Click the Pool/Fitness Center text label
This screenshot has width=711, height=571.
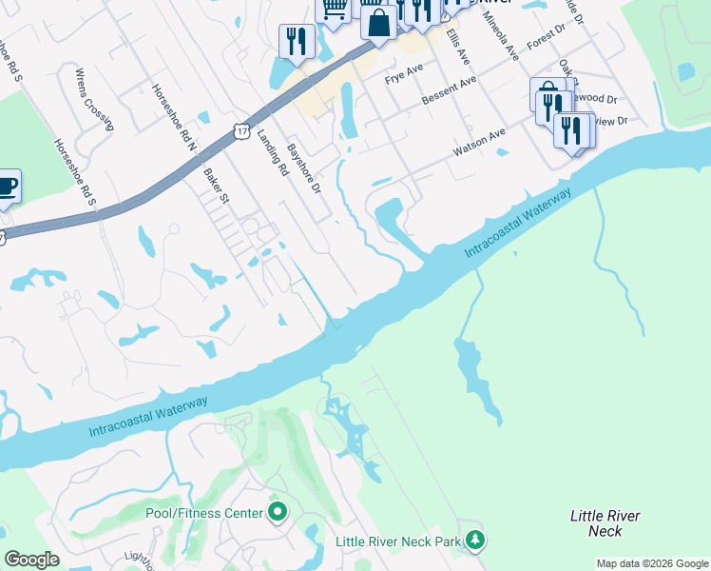[203, 513]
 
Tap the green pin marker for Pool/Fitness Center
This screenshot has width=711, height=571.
[278, 513]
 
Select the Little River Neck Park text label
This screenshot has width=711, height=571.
[398, 541]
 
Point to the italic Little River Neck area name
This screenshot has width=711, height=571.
[605, 523]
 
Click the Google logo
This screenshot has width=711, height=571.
[31, 560]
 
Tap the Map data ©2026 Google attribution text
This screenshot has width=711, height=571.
[652, 563]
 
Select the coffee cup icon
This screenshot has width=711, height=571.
[6, 186]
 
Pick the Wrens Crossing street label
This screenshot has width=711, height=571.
[93, 99]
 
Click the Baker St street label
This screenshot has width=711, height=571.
[217, 186]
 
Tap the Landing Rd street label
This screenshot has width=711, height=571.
[272, 154]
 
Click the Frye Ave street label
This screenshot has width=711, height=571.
[403, 73]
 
